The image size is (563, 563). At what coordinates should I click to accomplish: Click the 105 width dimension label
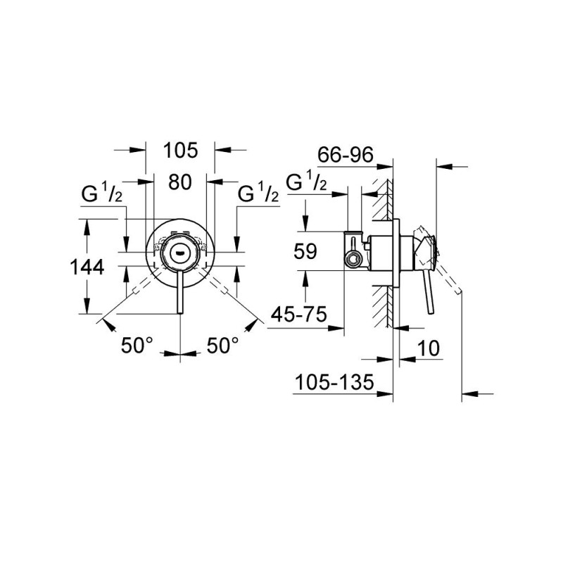point(180,150)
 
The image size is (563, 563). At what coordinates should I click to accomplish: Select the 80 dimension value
point(180,182)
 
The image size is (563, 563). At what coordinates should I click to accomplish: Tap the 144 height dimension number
point(87,267)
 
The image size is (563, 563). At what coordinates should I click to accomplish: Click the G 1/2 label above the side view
point(307,182)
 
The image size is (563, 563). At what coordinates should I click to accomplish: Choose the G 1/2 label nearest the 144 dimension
point(103,193)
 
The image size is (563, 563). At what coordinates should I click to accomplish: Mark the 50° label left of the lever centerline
point(137,345)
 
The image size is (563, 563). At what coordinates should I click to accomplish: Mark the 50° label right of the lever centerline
point(223,345)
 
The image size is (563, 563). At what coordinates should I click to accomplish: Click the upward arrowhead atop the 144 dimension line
point(87,224)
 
